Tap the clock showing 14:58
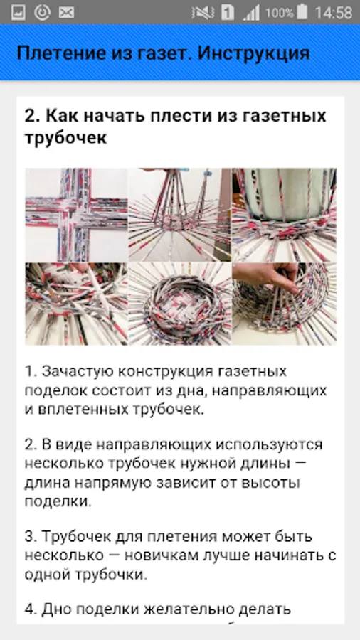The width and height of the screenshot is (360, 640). pyautogui.click(x=334, y=13)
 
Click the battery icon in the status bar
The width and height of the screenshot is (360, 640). pyautogui.click(x=302, y=12)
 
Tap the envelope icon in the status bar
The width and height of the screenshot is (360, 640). pyautogui.click(x=66, y=13)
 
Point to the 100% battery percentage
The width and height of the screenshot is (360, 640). pyautogui.click(x=279, y=13)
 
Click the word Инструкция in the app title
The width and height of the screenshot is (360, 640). pyautogui.click(x=253, y=53)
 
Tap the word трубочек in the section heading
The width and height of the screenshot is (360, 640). pyautogui.click(x=65, y=138)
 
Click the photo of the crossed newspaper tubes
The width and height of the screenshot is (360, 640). pyautogui.click(x=76, y=215)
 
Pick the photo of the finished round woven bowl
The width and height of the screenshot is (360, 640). pyautogui.click(x=179, y=304)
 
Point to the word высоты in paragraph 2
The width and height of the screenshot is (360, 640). pyautogui.click(x=271, y=483)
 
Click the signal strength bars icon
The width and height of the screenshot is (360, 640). pyautogui.click(x=251, y=13)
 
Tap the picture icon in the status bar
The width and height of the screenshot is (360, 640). pyautogui.click(x=18, y=13)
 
